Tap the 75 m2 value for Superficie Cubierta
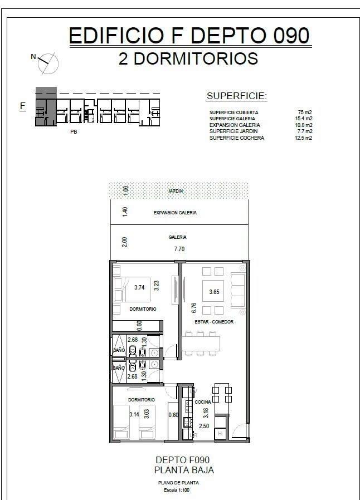[304, 112]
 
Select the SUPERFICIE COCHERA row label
[236, 138]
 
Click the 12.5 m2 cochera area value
[303, 138]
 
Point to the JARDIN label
[176, 190]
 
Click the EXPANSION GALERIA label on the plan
[175, 213]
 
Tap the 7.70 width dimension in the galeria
[179, 249]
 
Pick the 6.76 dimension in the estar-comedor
[194, 308]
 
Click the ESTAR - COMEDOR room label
[214, 322]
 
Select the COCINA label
[203, 402]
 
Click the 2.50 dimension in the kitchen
[205, 426]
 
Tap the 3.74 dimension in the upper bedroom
[139, 287]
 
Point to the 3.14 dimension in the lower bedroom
[134, 415]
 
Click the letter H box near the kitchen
[220, 434]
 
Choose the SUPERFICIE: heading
[236, 96]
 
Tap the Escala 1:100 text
[177, 490]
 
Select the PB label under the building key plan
[74, 131]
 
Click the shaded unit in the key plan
[46, 106]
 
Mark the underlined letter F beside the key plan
[23, 106]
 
